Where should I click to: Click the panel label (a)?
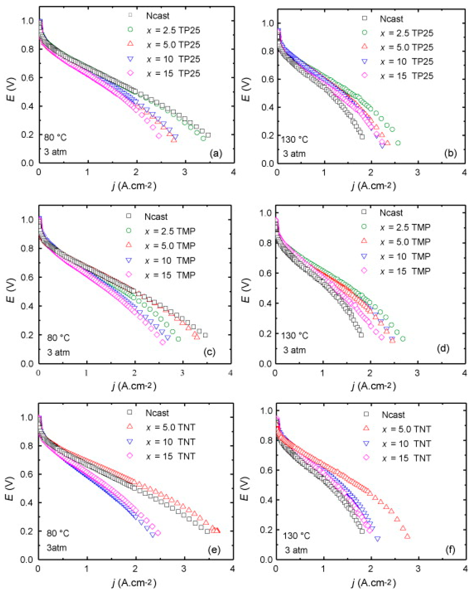216,153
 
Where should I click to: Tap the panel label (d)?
443,349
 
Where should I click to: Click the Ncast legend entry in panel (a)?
157,16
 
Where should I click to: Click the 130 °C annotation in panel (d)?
294,336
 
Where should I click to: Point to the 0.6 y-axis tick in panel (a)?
27,78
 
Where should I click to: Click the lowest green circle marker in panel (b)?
398,143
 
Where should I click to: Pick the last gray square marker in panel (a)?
208,135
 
